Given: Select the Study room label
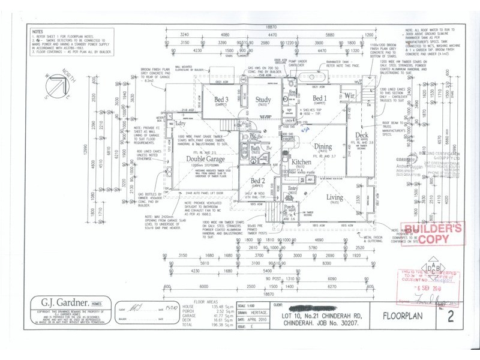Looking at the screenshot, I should click(263, 100).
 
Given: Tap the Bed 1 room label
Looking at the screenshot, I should click(320, 98).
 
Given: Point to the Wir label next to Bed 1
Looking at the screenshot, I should click(350, 96).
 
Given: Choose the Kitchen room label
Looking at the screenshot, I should click(301, 162).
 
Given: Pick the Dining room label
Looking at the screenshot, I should click(323, 146).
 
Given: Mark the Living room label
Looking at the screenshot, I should click(335, 197).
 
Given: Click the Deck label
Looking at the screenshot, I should click(362, 135).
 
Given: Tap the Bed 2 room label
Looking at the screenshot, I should click(258, 181).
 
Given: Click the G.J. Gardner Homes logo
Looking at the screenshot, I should click(67, 302).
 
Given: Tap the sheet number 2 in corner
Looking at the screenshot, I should click(458, 313).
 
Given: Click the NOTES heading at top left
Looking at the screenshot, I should click(37, 31).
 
